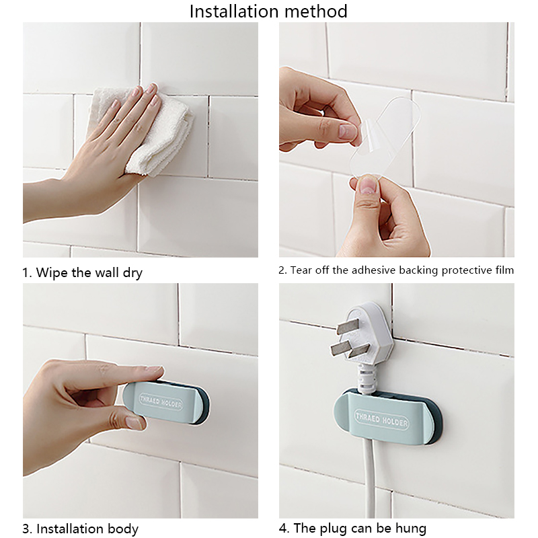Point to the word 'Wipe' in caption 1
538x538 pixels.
52,272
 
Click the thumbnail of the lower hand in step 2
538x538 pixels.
369,186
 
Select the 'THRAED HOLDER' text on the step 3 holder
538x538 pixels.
161,401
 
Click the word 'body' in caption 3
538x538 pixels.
123,529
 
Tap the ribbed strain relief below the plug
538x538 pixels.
367,379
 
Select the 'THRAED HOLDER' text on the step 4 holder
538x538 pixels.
381,419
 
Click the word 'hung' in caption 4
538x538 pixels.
410,529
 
